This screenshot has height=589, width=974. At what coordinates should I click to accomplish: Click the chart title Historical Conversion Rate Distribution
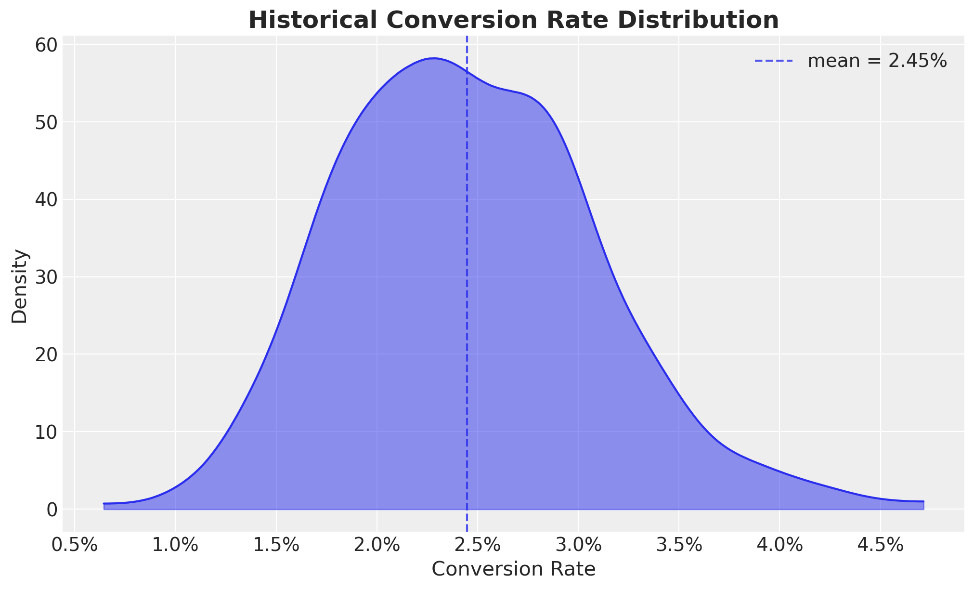click(513, 20)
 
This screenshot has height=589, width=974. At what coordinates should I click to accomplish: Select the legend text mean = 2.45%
click(877, 61)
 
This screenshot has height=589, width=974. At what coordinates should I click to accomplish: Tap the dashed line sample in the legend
click(773, 61)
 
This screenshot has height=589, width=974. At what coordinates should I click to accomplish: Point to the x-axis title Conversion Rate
click(513, 569)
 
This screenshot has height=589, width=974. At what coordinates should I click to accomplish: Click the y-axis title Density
click(20, 286)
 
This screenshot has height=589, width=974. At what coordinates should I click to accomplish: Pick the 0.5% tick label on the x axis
click(75, 546)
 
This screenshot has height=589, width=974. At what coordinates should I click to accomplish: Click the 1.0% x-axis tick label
click(175, 546)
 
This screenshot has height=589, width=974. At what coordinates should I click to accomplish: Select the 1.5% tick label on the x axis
click(276, 546)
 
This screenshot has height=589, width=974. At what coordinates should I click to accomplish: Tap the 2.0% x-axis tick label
click(377, 546)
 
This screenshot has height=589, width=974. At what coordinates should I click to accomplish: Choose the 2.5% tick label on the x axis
click(478, 546)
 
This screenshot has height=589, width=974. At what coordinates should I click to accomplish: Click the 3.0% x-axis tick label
click(578, 546)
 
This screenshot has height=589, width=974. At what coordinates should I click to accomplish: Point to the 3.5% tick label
click(679, 546)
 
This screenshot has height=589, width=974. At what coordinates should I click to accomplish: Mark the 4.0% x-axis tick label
click(779, 546)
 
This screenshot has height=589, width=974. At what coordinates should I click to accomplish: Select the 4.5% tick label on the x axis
click(880, 546)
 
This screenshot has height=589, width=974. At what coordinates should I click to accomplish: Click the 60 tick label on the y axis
click(46, 45)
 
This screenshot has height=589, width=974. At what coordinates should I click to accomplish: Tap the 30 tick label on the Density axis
click(46, 277)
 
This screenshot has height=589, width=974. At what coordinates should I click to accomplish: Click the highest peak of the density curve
click(433, 58)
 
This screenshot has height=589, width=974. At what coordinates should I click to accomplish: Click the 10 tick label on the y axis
click(46, 432)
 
